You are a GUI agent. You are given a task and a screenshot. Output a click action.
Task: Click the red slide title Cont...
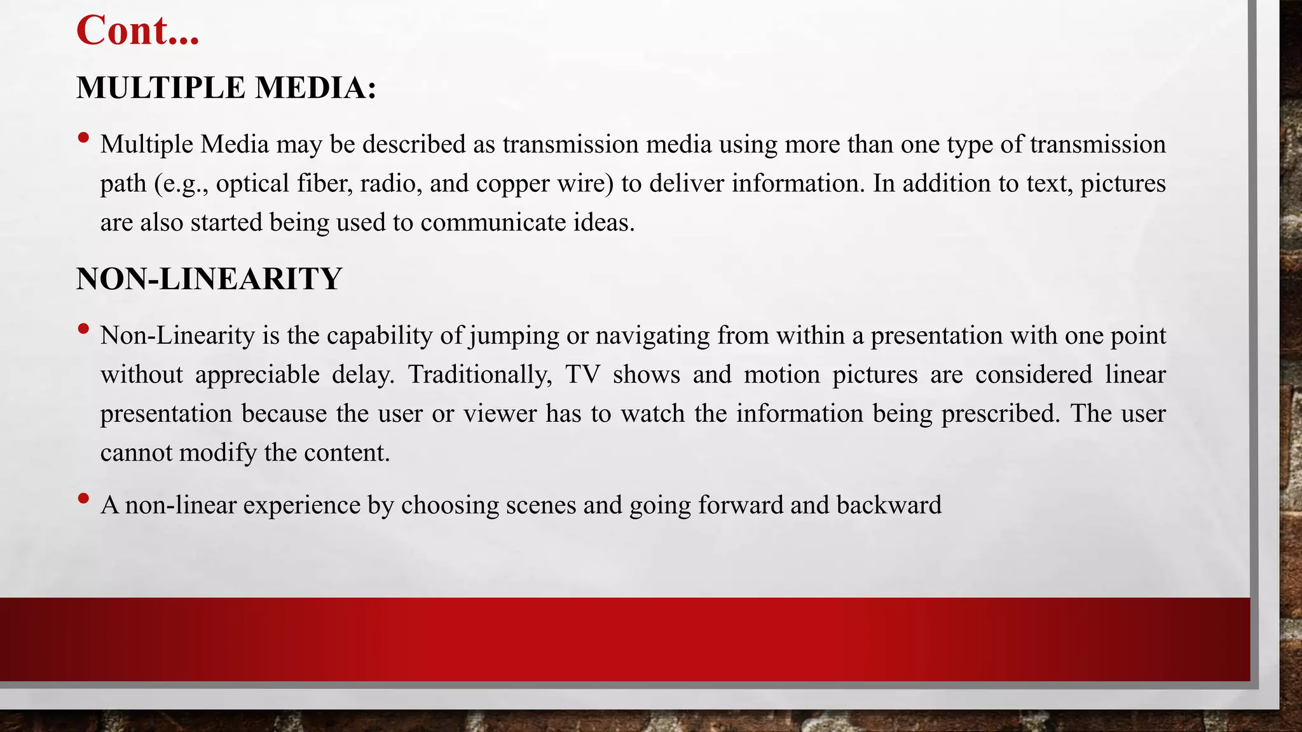tap(137, 30)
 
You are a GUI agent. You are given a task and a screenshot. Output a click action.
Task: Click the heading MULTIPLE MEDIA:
tap(226, 88)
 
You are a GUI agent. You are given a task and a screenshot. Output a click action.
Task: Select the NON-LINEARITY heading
tap(209, 279)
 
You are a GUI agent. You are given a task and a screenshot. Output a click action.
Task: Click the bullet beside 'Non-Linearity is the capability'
tap(83, 329)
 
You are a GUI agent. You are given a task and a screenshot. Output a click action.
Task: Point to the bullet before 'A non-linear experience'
tap(83, 498)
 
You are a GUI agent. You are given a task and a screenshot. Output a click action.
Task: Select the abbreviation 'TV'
tap(582, 374)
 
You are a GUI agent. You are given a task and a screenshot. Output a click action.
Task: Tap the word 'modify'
tap(217, 452)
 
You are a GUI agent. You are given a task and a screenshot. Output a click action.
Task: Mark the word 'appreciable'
tap(257, 374)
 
